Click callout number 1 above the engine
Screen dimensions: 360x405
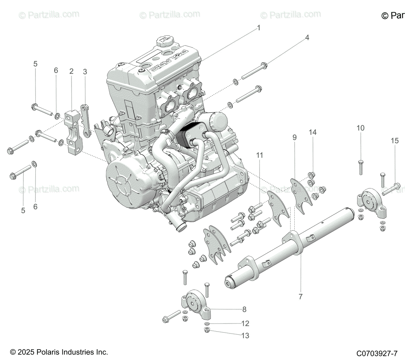(259, 28)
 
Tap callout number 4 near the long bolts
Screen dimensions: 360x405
(307, 37)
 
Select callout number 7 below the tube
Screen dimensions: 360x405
(300, 297)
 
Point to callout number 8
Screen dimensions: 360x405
(244, 309)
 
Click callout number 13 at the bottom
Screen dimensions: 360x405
(245, 335)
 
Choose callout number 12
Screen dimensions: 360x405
(245, 324)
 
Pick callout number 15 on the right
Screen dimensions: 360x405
(395, 141)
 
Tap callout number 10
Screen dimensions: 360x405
(360, 128)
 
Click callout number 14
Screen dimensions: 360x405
(313, 132)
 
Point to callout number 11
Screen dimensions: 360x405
(259, 155)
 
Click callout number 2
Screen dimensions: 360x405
(71, 71)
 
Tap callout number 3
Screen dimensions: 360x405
(85, 72)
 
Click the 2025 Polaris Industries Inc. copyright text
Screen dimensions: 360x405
(59, 352)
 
